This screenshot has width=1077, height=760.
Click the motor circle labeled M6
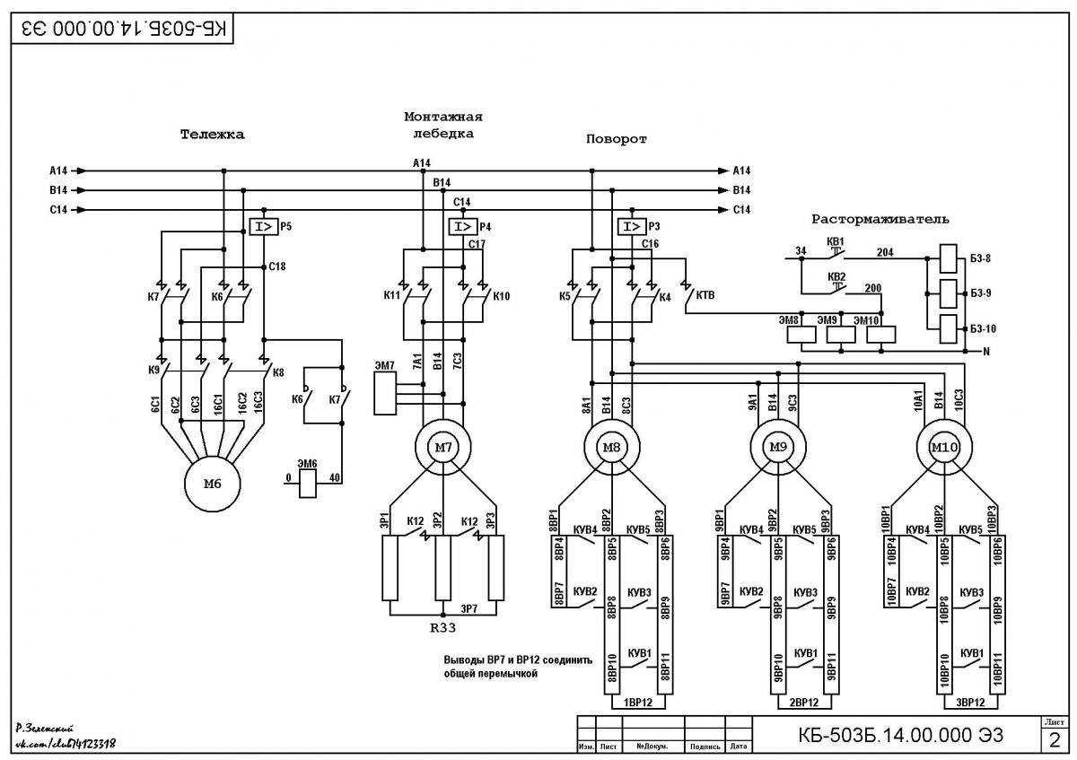coord(212,484)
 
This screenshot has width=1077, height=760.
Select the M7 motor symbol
coord(442,448)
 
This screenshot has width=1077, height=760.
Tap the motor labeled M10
coord(944,448)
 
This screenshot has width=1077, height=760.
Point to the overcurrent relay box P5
coord(264,226)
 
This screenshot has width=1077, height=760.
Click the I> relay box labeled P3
coord(632,226)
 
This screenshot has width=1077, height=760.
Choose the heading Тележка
coord(212,134)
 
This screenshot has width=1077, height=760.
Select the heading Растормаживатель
coord(880,219)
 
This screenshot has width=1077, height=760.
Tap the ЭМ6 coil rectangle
coord(308,484)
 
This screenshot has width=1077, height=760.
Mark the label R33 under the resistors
coord(442,628)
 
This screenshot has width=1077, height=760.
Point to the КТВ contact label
coord(705,295)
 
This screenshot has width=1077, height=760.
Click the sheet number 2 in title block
coord(1055,740)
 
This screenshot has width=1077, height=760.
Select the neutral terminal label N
coord(986,352)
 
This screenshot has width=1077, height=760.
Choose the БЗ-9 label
coord(981,293)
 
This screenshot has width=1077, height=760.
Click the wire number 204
coord(885,252)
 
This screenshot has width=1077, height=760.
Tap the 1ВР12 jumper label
coord(638,703)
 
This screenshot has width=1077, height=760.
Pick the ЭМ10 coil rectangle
coord(880,335)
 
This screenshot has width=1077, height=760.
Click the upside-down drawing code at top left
coord(124,29)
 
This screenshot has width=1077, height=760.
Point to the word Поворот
coord(616,139)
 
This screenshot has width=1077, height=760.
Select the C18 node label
coord(277,266)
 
